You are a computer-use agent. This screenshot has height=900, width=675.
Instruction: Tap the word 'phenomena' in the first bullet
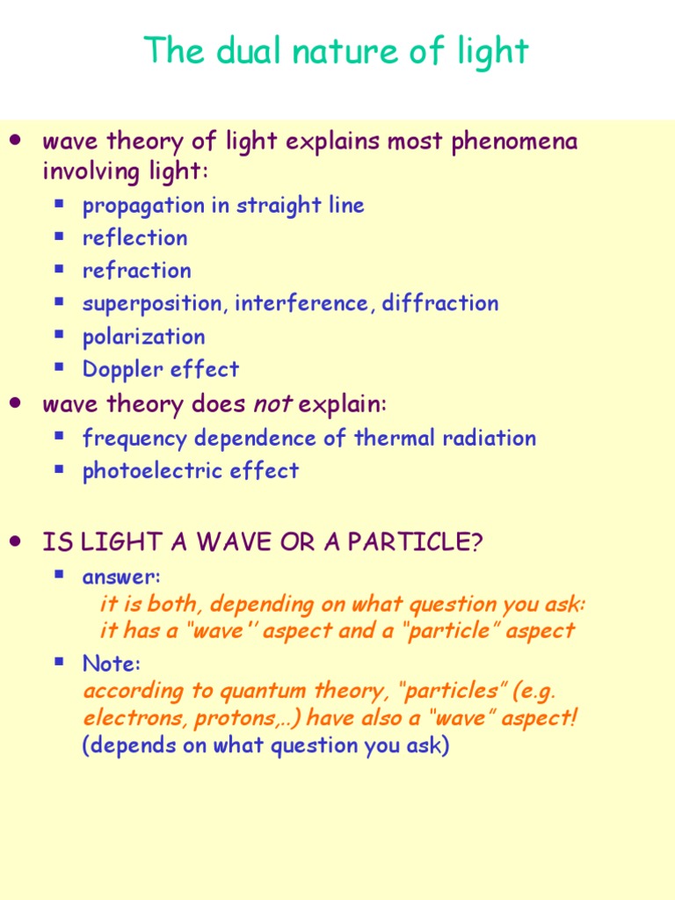[x=514, y=142]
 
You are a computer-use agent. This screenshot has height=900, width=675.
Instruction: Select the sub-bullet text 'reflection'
[x=134, y=238]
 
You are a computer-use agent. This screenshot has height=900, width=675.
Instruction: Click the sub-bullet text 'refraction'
[x=136, y=271]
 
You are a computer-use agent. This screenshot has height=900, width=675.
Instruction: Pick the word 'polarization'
[x=143, y=337]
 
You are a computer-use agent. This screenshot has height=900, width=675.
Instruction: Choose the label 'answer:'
[x=121, y=577]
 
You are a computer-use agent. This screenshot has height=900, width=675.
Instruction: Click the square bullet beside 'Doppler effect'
[x=60, y=367]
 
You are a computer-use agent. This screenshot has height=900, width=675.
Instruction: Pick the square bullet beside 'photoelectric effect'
[x=60, y=469]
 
